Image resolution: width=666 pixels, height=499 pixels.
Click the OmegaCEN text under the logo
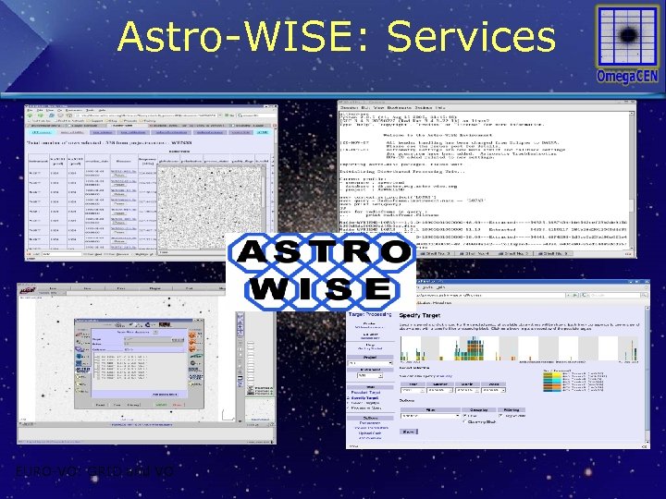(627, 76)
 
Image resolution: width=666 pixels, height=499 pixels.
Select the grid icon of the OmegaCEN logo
(627, 36)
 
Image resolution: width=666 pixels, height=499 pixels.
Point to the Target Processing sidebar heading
(369, 314)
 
